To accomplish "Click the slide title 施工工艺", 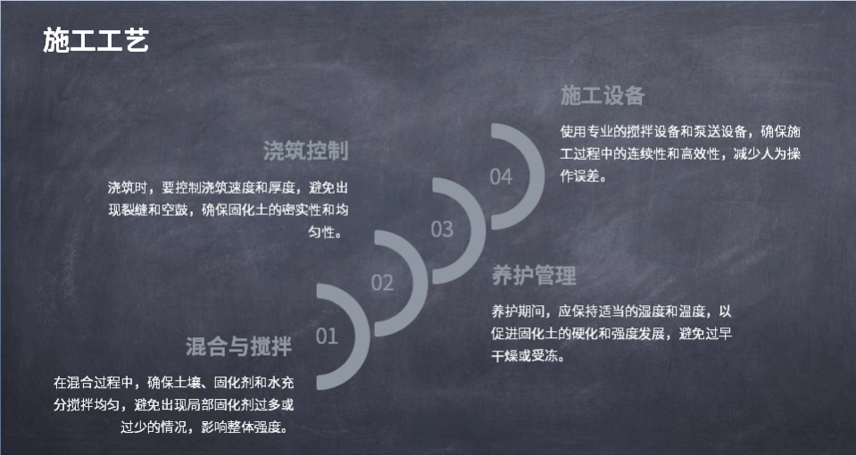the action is pos(96,40).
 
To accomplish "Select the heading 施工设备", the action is pos(603,96).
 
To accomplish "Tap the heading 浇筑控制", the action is pos(305,151).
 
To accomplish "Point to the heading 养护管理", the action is pos(534,276).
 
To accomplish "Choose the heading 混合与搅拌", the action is pos(239,346).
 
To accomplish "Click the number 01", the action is pos(327,336).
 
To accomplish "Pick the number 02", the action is pos(382,283).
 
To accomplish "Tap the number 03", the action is pos(442,229).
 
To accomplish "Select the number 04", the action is pos(501,177).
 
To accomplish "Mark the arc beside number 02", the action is pos(420,283).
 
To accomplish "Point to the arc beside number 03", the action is pos(478,230).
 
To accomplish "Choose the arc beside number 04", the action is pos(536,177).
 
